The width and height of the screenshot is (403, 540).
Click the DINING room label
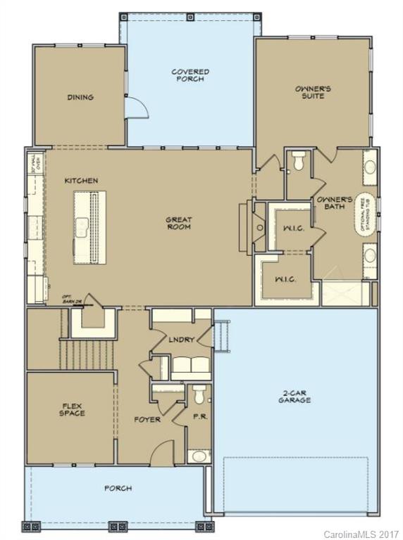[x=80, y=97]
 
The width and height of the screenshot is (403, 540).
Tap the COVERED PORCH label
[x=190, y=75]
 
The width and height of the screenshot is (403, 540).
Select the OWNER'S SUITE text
[x=313, y=92]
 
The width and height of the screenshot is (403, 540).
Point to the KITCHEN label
[x=81, y=181]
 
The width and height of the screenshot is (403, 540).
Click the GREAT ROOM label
[x=179, y=224]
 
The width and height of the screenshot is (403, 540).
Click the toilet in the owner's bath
[x=297, y=162]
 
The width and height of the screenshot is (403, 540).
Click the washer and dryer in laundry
[x=189, y=365]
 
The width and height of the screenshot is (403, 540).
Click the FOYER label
[x=148, y=420]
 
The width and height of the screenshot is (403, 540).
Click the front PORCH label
[x=118, y=488]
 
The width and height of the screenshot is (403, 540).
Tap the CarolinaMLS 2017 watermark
[x=361, y=534]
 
